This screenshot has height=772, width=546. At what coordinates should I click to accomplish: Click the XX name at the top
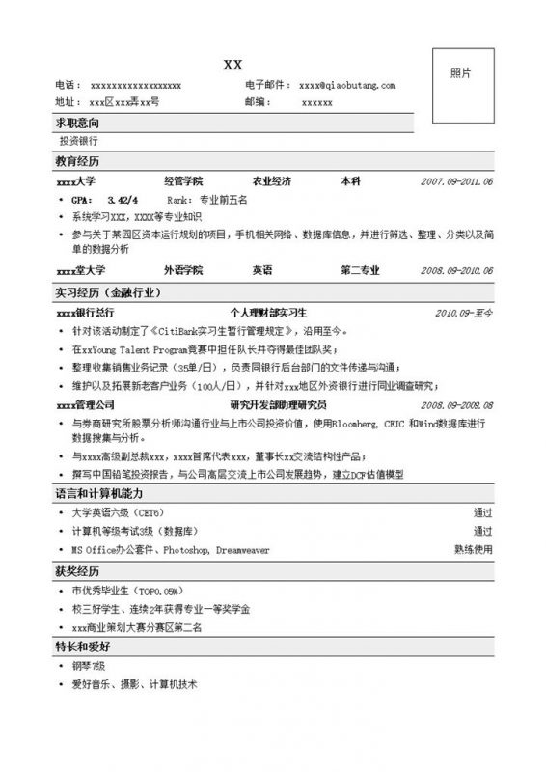(232, 65)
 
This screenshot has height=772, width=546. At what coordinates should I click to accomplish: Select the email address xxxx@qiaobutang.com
(347, 86)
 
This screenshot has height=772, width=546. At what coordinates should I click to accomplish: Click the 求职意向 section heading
(77, 124)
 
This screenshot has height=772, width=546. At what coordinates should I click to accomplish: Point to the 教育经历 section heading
(77, 161)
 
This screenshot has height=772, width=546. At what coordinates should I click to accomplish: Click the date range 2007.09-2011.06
(457, 181)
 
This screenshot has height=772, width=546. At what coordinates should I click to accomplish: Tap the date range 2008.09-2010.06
(457, 271)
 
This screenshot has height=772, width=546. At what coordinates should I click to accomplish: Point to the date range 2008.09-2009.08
(457, 405)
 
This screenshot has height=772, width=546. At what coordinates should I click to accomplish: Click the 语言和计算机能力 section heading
(100, 492)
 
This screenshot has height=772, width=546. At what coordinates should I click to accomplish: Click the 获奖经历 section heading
(77, 570)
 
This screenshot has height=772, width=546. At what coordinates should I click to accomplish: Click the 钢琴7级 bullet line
(90, 665)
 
